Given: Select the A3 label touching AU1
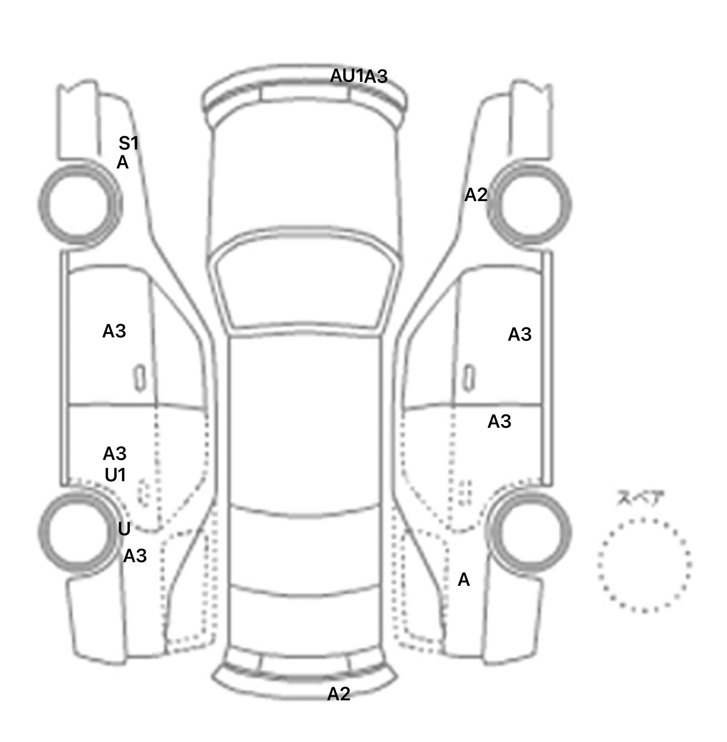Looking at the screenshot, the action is (x=376, y=77).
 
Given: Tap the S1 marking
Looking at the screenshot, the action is (x=128, y=143).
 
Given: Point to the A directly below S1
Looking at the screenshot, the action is (x=123, y=163).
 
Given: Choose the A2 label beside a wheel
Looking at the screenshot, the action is (x=476, y=195).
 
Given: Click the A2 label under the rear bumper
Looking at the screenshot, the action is (x=339, y=694).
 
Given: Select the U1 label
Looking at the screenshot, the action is (x=115, y=475).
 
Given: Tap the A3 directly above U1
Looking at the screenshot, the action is (x=115, y=454).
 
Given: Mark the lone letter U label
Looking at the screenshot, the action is (x=124, y=529).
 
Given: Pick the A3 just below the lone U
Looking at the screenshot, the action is (x=135, y=556).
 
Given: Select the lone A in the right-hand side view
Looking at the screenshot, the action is (x=464, y=580).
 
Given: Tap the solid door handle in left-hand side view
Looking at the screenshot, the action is (x=140, y=378).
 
